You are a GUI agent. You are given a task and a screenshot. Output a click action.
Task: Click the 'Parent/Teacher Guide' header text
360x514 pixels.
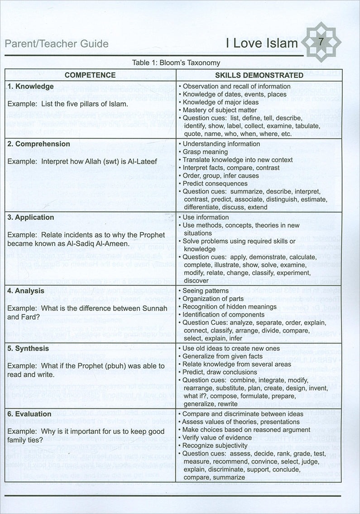point(56,44)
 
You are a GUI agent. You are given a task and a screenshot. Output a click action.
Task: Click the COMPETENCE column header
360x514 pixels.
point(90,75)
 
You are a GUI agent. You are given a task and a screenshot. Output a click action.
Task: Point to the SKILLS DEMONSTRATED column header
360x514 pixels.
point(259,75)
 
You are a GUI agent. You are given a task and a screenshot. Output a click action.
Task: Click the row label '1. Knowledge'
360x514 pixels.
point(31,86)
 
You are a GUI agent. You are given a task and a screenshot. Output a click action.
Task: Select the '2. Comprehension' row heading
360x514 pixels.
point(39,144)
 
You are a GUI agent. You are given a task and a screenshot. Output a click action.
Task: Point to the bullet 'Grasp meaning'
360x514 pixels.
point(204,152)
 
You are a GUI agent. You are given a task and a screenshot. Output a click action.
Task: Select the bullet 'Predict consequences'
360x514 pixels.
point(215,184)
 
